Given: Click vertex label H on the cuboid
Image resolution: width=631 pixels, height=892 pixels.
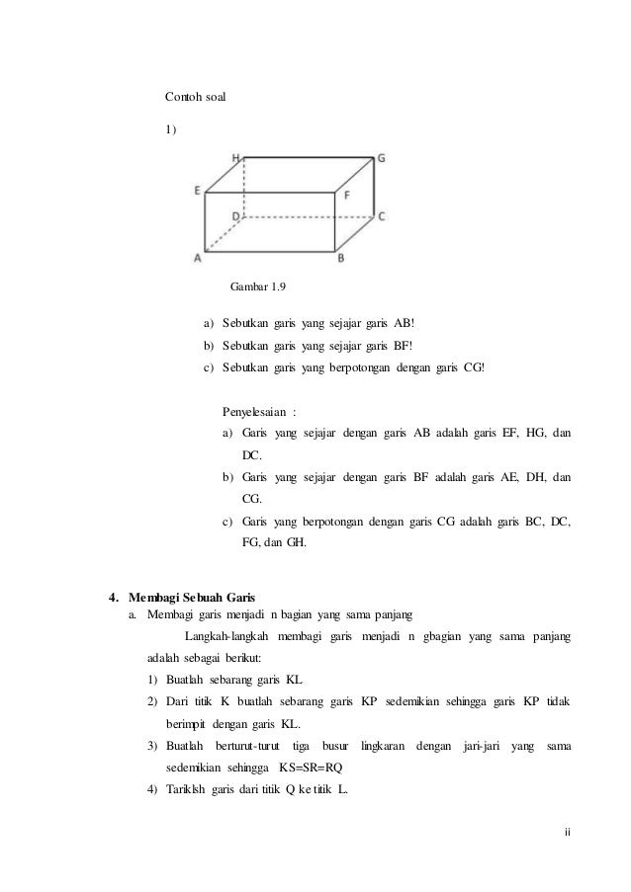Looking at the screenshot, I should pyautogui.click(x=235, y=157).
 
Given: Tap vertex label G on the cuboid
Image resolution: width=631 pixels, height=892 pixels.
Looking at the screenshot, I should pyautogui.click(x=381, y=157).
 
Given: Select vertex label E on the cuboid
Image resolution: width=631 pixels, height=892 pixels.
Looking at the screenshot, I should pyautogui.click(x=198, y=190).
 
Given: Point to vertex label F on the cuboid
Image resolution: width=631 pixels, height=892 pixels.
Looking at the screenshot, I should pyautogui.click(x=346, y=196).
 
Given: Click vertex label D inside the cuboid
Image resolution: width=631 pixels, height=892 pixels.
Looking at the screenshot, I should pyautogui.click(x=235, y=214).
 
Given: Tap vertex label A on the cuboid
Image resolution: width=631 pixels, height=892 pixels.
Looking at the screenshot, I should pyautogui.click(x=198, y=258).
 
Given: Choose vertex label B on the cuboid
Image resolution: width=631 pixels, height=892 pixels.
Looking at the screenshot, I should pyautogui.click(x=341, y=258).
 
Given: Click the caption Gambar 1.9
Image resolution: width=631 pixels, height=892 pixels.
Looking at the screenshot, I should pyautogui.click(x=258, y=286).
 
